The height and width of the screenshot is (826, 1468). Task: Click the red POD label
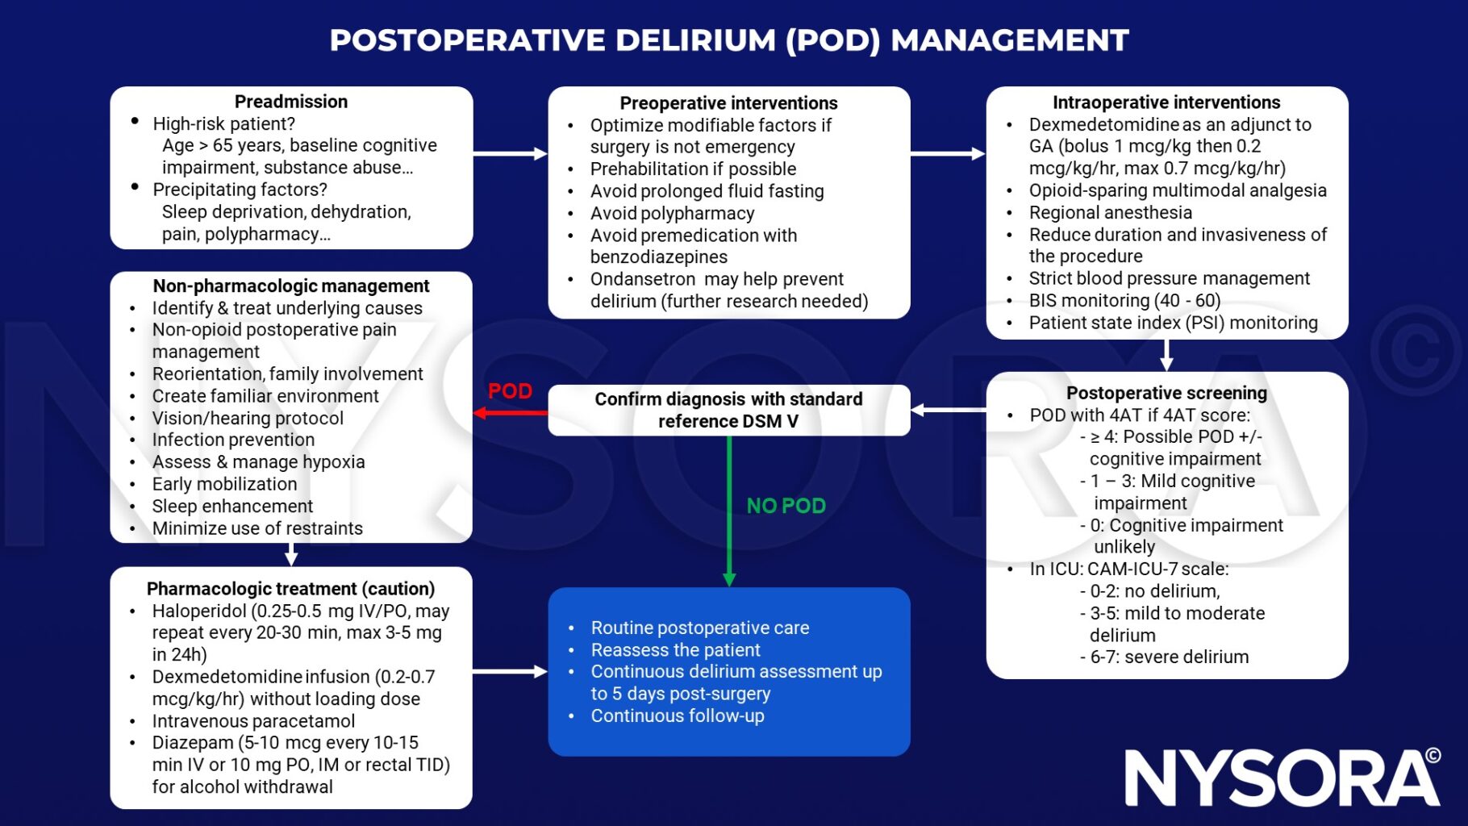[510, 391]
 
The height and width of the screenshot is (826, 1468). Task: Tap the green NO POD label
[786, 506]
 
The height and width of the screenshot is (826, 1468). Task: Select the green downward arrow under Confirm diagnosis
[729, 516]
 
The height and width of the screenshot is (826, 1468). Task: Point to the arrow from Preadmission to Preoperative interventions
[510, 153]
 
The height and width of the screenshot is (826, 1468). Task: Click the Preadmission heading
[291, 102]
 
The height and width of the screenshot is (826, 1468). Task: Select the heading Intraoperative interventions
[1166, 102]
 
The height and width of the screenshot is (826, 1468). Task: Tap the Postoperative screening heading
[1166, 393]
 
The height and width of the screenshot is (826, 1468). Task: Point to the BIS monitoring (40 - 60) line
[1124, 301]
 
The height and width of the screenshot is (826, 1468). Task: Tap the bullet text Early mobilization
[224, 484]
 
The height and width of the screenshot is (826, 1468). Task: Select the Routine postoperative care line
[699, 628]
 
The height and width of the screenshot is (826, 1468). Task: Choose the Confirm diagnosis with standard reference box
[728, 410]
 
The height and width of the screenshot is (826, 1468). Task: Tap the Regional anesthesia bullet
[1110, 213]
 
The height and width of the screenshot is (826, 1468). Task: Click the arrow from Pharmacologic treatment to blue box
[510, 671]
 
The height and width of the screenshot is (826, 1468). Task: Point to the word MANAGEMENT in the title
[1009, 40]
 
